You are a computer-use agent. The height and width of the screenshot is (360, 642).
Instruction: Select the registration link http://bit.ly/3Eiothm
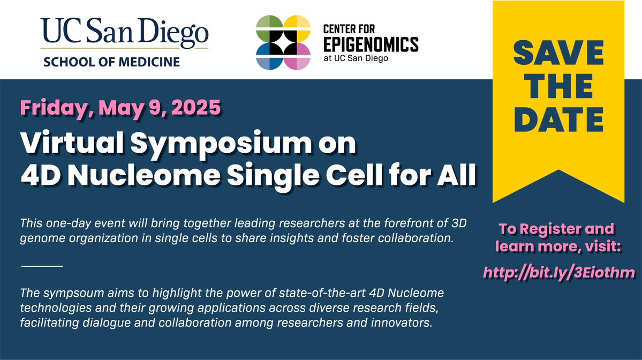(559, 272)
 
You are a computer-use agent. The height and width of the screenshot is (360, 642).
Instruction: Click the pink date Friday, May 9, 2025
(120, 108)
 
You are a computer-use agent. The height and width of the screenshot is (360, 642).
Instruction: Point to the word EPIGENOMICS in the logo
(371, 44)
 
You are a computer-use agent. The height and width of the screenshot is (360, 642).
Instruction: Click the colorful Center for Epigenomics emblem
(283, 42)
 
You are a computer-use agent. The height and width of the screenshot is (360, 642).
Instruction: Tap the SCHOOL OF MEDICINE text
(112, 62)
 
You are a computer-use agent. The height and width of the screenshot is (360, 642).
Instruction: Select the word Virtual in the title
(72, 144)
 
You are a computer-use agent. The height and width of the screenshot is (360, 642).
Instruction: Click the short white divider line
(42, 266)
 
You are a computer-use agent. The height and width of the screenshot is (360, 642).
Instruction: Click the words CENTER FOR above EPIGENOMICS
(349, 29)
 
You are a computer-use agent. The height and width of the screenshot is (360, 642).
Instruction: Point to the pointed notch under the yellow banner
(558, 171)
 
